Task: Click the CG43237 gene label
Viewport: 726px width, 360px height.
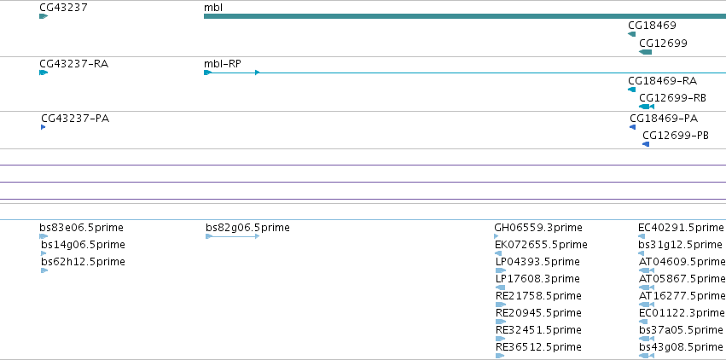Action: pyautogui.click(x=63, y=8)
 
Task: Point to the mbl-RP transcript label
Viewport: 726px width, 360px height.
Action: pyautogui.click(x=223, y=64)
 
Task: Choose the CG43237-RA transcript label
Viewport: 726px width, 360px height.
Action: pyautogui.click(x=74, y=64)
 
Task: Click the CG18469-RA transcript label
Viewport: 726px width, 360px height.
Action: pyautogui.click(x=663, y=81)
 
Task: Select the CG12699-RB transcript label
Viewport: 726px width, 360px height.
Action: pyautogui.click(x=673, y=98)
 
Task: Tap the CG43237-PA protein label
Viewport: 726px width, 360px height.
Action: pyautogui.click(x=75, y=119)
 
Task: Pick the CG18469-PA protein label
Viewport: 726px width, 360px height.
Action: pyautogui.click(x=664, y=119)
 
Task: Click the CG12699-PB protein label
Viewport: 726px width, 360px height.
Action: pyautogui.click(x=676, y=136)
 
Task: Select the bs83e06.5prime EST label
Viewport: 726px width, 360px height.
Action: pyautogui.click(x=82, y=228)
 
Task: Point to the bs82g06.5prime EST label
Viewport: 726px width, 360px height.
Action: pyautogui.click(x=247, y=228)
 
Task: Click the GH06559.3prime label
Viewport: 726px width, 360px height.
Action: pyautogui.click(x=538, y=228)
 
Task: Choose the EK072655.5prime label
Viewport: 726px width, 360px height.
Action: pyautogui.click(x=541, y=245)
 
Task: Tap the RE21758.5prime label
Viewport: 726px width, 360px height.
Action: pyautogui.click(x=538, y=296)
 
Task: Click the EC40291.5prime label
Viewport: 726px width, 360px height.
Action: pyautogui.click(x=681, y=228)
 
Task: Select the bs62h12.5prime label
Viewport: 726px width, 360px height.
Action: pyautogui.click(x=83, y=262)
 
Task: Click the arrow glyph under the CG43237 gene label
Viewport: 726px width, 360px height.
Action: pyautogui.click(x=44, y=16)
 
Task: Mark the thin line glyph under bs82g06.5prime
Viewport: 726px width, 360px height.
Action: pyautogui.click(x=232, y=236)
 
